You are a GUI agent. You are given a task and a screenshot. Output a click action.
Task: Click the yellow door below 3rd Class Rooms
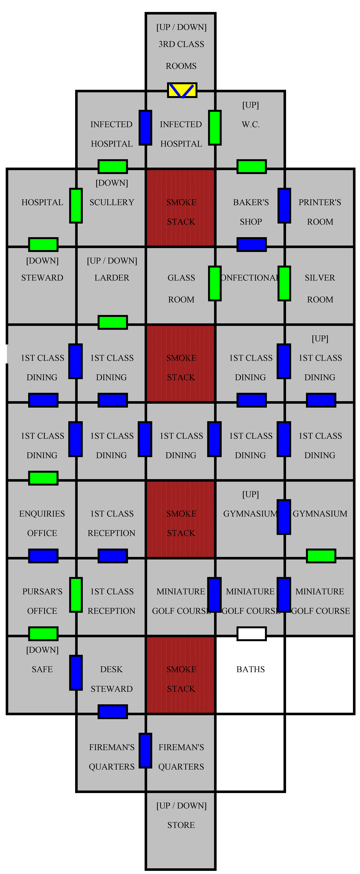[182, 90]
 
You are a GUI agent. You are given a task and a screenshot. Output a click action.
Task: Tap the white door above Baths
[251, 633]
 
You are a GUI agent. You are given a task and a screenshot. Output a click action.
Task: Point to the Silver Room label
[320, 288]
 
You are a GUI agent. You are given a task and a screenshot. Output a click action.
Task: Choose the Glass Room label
[181, 288]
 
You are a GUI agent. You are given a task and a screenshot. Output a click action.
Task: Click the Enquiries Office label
[42, 523]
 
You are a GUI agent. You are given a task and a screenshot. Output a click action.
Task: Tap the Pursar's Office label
[42, 601]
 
